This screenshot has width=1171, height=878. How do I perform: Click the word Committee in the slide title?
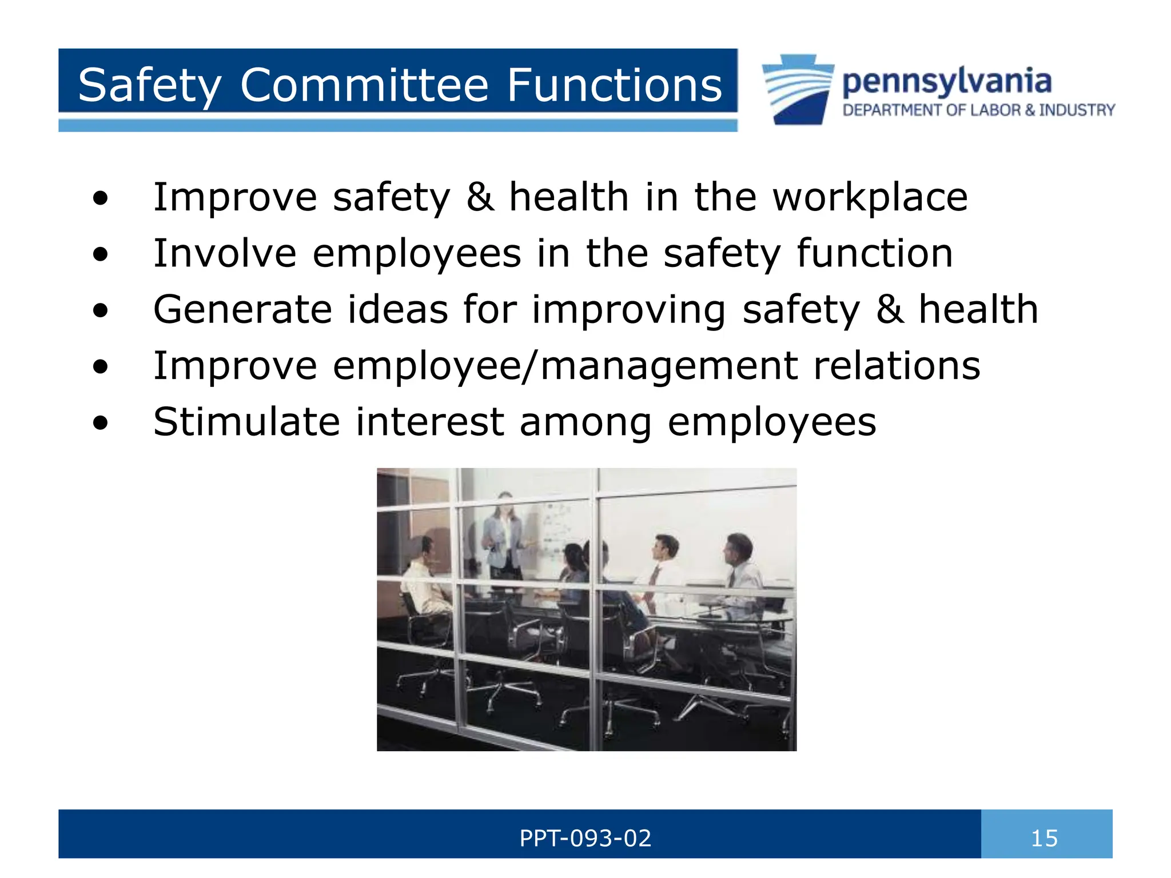(364, 85)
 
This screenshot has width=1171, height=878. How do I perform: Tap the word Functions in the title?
(615, 85)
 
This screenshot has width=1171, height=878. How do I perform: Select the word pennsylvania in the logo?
(947, 82)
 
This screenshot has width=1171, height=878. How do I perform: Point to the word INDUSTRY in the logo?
(1077, 110)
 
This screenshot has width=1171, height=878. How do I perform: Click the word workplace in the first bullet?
(870, 197)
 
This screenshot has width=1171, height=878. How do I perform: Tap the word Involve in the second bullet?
(225, 253)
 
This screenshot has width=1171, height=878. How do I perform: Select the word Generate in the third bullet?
(242, 309)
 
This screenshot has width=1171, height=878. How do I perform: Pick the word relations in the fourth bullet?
(897, 366)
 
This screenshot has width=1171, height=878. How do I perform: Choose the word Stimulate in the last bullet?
(246, 422)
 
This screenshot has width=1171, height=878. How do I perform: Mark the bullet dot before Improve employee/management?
(100, 367)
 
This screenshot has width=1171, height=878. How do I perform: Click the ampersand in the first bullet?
(480, 197)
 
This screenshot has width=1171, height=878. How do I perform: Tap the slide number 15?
(1044, 839)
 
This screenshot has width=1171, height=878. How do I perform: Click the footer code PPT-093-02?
(585, 839)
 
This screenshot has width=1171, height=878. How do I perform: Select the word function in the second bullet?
(874, 253)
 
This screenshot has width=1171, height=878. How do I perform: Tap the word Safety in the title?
(150, 85)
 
